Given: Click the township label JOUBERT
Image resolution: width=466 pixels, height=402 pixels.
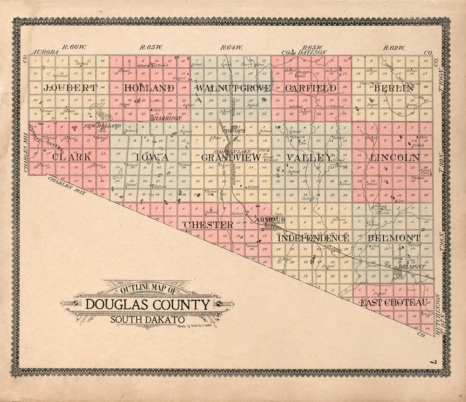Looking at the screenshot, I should (x=70, y=89).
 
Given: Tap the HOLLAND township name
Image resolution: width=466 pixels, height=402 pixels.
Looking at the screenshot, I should (x=150, y=89).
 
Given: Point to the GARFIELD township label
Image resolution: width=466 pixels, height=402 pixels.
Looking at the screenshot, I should (x=311, y=89).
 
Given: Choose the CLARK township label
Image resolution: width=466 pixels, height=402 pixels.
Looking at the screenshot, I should (x=72, y=157).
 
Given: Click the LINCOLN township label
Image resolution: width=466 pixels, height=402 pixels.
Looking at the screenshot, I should (x=395, y=157).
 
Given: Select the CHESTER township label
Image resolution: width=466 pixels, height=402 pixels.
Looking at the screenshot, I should (x=208, y=225).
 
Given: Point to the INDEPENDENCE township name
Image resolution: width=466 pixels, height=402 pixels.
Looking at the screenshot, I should (x=313, y=238).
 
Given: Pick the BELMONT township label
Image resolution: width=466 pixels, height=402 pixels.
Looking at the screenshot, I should (x=394, y=238).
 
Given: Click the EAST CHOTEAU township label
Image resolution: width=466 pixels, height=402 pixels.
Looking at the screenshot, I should (x=394, y=302).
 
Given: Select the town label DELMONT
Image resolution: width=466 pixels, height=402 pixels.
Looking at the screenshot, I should (x=411, y=267).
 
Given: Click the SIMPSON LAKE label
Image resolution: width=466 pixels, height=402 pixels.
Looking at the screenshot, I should (x=233, y=152).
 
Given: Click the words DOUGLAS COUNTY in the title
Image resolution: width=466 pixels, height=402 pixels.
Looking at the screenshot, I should (x=148, y=305).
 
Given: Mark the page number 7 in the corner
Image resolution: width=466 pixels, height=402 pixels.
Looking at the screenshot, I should (x=432, y=362).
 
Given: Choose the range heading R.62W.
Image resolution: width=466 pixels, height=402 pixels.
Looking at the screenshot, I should (x=394, y=48).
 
